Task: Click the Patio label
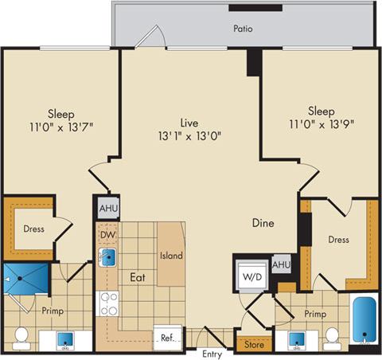[244, 28]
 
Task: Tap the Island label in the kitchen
[171, 256]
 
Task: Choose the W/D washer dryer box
[251, 277]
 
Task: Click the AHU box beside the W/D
[281, 264]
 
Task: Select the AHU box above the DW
[107, 209]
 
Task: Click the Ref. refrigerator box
[167, 337]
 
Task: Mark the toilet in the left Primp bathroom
[21, 336]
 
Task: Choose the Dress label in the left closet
[33, 229]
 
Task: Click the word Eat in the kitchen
[136, 279]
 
